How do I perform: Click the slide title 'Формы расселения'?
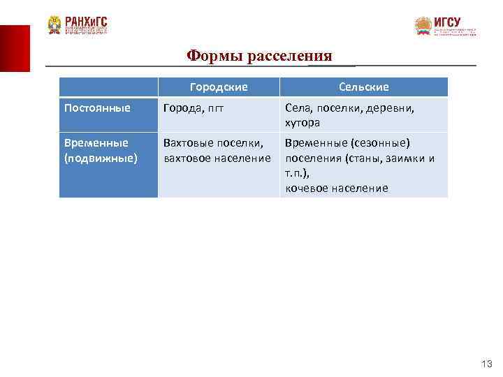pos(260,56)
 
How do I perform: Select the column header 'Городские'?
pos(219,87)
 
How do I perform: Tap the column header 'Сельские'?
pos(363,87)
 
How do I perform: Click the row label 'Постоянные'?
pos(97,108)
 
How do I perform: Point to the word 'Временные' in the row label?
pos(96,142)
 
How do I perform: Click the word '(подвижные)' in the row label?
pos(101,158)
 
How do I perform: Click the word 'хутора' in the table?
pos(302,122)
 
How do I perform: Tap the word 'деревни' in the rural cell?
pos(389,108)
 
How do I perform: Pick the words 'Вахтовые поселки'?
pos(212,142)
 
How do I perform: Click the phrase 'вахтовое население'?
pos(217,158)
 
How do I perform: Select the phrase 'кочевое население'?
pos(336,188)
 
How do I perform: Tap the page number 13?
pos(487,364)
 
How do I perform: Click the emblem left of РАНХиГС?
pos(54,25)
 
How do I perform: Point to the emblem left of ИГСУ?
pos(423,27)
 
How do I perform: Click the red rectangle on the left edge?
pos(15,48)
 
